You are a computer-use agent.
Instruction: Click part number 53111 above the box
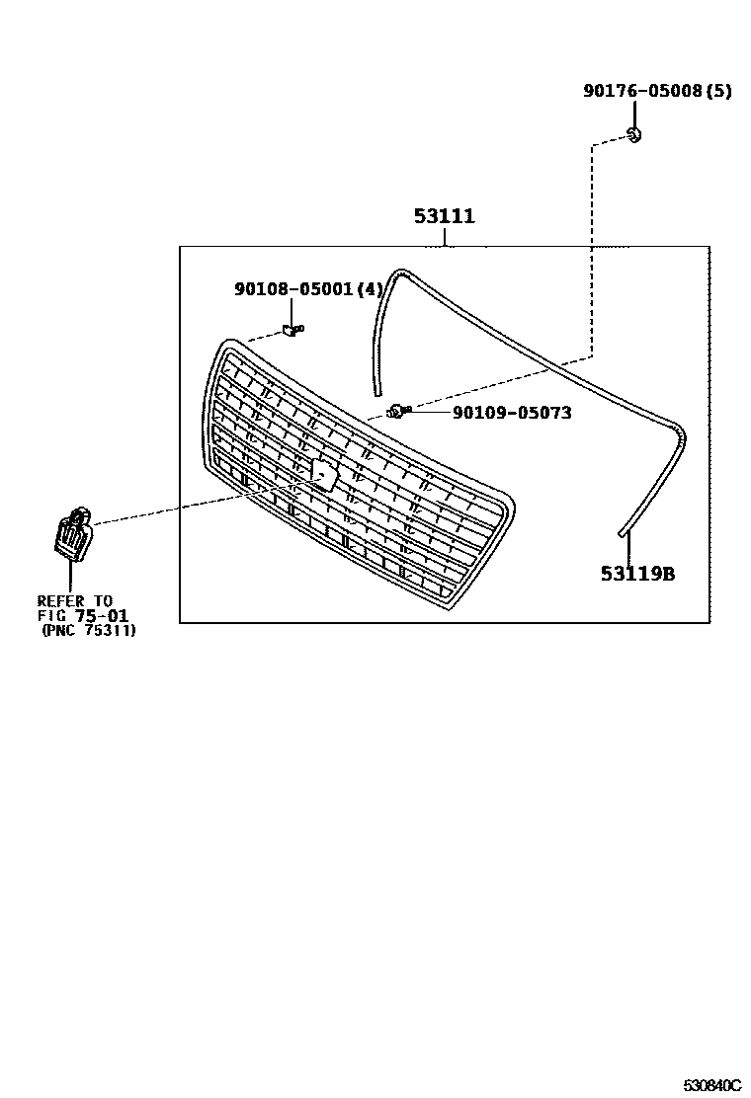pyautogui.click(x=445, y=216)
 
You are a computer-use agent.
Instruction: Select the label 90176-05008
pyautogui.click(x=643, y=91)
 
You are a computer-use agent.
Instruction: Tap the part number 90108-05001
pyautogui.click(x=294, y=289)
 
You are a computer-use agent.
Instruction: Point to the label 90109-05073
pyautogui.click(x=512, y=413)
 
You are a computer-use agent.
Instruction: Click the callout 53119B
pyautogui.click(x=637, y=573)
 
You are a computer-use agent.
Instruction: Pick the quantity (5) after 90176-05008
pyautogui.click(x=718, y=91)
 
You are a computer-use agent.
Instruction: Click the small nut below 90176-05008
pyautogui.click(x=635, y=134)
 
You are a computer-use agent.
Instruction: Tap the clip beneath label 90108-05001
pyautogui.click(x=292, y=330)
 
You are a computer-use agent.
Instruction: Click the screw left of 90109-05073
pyautogui.click(x=397, y=411)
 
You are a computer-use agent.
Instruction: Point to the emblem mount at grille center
pyautogui.click(x=325, y=476)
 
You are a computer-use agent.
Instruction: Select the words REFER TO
pyautogui.click(x=75, y=600)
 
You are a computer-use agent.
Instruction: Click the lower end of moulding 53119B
pyautogui.click(x=622, y=533)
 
